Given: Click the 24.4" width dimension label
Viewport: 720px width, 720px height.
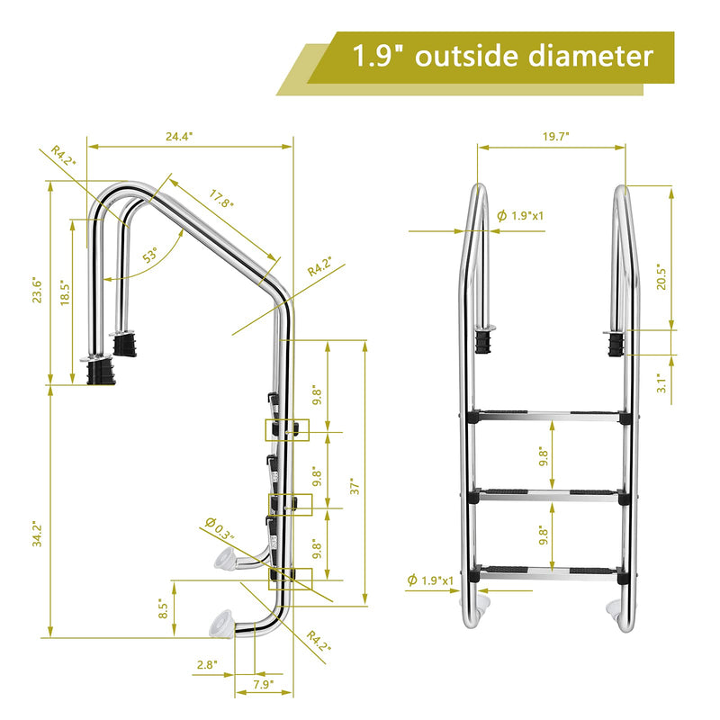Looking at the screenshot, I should [179, 136].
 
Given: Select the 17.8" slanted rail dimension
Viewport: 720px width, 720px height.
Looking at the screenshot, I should [221, 199].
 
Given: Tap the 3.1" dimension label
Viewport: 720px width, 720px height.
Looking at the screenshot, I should [661, 383].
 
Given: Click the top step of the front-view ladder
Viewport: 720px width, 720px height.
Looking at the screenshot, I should [547, 417].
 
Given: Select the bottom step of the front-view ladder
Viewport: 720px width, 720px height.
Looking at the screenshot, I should [547, 571].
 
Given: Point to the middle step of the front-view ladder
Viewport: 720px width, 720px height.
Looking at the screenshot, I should [547, 494].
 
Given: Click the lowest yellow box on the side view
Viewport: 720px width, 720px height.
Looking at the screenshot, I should [287, 577].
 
